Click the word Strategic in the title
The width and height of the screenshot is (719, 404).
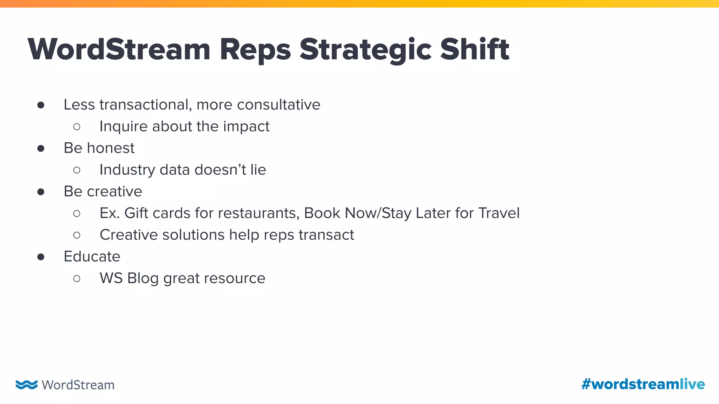365,50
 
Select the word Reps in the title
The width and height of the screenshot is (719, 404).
255,50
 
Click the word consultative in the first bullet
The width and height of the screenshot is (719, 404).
278,105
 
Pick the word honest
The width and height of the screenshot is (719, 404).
111,148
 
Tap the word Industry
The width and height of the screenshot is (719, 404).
127,170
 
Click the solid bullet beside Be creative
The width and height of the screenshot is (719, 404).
41,192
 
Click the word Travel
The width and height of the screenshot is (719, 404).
499,213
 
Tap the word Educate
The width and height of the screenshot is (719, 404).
92,257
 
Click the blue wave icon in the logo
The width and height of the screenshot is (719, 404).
26,385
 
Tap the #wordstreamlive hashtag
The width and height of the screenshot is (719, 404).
643,384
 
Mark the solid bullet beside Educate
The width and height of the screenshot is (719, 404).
41,257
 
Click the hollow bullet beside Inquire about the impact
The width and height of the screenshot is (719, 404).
77,127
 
